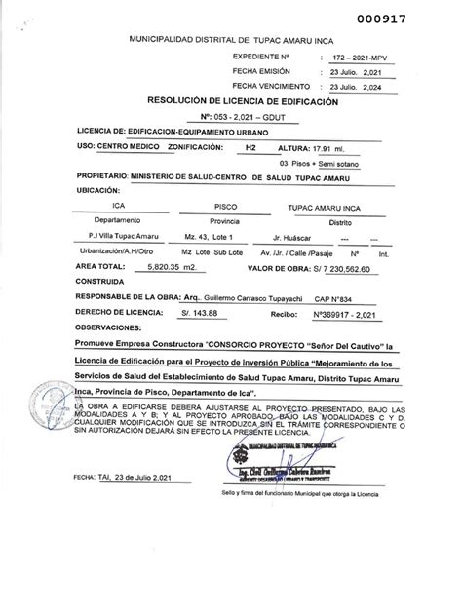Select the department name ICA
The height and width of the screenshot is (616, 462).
click(117, 208)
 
